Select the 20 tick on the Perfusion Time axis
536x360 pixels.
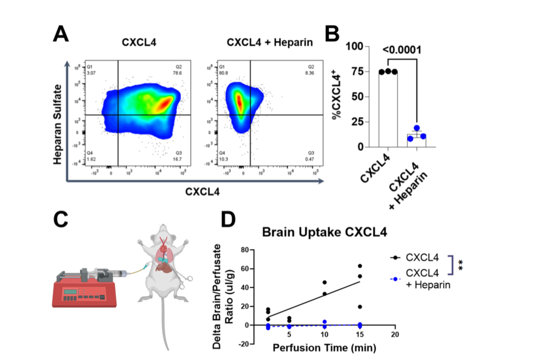(395, 335)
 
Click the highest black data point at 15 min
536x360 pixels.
(360, 265)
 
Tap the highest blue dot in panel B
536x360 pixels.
(417, 128)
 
